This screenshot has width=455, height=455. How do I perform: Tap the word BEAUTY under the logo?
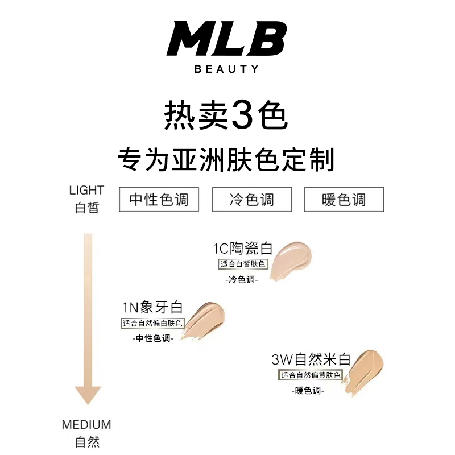[x=226, y=69]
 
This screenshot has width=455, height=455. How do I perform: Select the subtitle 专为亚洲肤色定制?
[x=226, y=160]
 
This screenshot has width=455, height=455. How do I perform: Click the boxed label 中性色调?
[x=159, y=200]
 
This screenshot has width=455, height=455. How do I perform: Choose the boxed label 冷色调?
[x=251, y=200]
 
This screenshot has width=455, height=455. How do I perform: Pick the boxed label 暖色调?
[x=344, y=200]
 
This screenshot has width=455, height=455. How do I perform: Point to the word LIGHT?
[x=86, y=190]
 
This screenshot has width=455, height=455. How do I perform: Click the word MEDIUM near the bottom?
[x=86, y=425]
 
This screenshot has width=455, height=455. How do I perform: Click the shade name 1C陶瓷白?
[x=243, y=249]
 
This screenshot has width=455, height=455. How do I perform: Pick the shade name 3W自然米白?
[x=311, y=359]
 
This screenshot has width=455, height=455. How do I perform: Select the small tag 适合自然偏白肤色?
[x=154, y=324]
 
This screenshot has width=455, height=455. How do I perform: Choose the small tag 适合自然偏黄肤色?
[x=310, y=375]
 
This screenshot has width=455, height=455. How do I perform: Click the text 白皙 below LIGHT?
[x=86, y=207]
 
